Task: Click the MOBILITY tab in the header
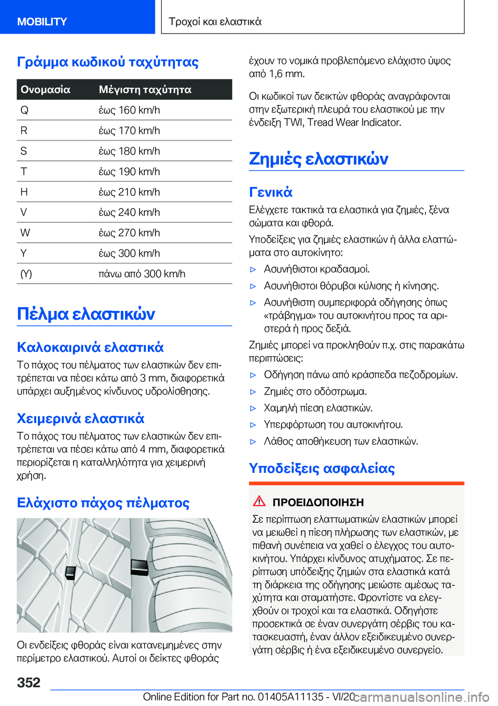tap(42, 22)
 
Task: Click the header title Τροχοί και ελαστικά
tap(215, 22)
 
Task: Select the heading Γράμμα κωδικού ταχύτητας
tap(108, 62)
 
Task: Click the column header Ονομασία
tap(46, 90)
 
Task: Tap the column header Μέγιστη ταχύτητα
tap(145, 90)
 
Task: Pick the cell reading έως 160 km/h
tap(129, 110)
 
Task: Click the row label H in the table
tap(24, 192)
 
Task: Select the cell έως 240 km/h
tap(129, 213)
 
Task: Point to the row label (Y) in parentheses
tap(26, 274)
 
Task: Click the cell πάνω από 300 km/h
tap(142, 274)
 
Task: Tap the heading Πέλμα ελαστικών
tap(86, 314)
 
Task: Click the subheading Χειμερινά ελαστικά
tap(80, 418)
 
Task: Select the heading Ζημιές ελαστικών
tap(319, 159)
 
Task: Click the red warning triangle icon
tap(259, 501)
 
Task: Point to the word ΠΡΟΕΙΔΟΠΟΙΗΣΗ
tap(318, 502)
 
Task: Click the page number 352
tap(29, 682)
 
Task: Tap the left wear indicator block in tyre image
tap(71, 572)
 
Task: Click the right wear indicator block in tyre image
tap(139, 567)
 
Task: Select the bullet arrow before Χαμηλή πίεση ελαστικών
tap(253, 408)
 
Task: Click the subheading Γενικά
tap(271, 192)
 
